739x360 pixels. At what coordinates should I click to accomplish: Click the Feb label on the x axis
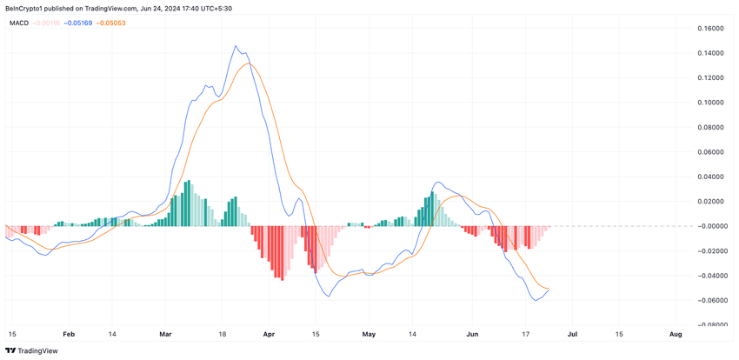(x=70, y=334)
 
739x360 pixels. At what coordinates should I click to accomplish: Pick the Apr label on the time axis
(x=268, y=334)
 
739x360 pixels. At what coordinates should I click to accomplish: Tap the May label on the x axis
(x=369, y=334)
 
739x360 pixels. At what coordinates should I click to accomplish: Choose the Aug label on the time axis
(x=675, y=334)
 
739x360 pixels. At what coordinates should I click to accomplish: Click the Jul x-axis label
(x=573, y=334)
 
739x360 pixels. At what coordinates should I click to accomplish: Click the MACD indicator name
(x=19, y=23)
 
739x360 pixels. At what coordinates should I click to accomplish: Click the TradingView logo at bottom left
(x=30, y=350)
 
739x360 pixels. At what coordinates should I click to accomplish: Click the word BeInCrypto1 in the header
(x=27, y=8)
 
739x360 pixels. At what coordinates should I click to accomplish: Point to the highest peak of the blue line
(x=235, y=46)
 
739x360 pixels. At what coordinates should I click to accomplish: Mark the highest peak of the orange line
(x=250, y=63)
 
